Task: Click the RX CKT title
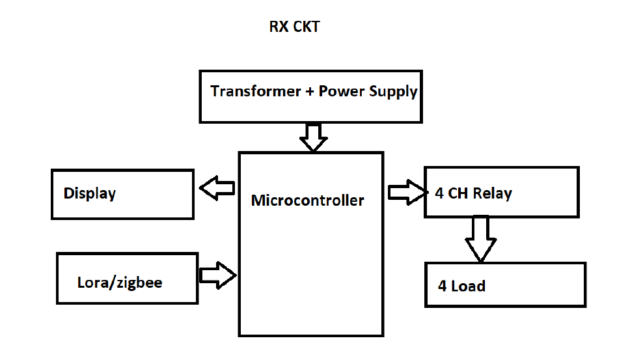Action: tap(295, 27)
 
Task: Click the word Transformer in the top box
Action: tap(254, 91)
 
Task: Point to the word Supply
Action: tap(392, 92)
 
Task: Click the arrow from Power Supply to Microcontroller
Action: tap(313, 137)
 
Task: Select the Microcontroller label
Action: tap(307, 200)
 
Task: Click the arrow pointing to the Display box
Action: tap(217, 189)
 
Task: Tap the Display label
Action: tap(89, 193)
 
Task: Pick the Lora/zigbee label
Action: tap(120, 283)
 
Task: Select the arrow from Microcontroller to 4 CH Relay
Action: tap(405, 192)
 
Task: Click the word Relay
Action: tap(493, 193)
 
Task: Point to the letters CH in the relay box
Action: tap(459, 193)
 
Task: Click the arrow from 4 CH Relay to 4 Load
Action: tap(480, 238)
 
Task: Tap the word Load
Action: tap(469, 286)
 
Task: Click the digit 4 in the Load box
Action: tap(443, 286)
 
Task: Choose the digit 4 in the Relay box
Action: tap(439, 193)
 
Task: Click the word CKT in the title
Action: tap(305, 27)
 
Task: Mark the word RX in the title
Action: tap(278, 27)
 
